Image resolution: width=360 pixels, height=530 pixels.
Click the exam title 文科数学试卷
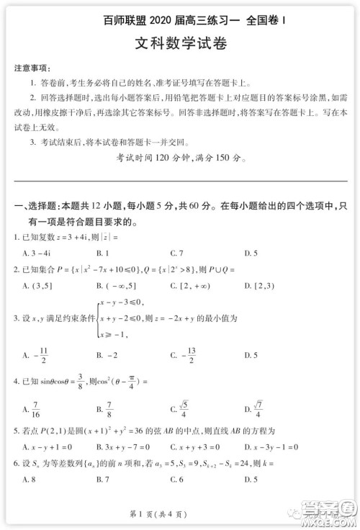[x=181, y=43]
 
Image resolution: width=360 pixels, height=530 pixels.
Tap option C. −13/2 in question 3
[x=183, y=354]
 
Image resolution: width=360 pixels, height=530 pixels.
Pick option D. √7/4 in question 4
[x=255, y=410]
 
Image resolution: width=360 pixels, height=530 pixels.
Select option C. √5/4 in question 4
[x=181, y=410]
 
